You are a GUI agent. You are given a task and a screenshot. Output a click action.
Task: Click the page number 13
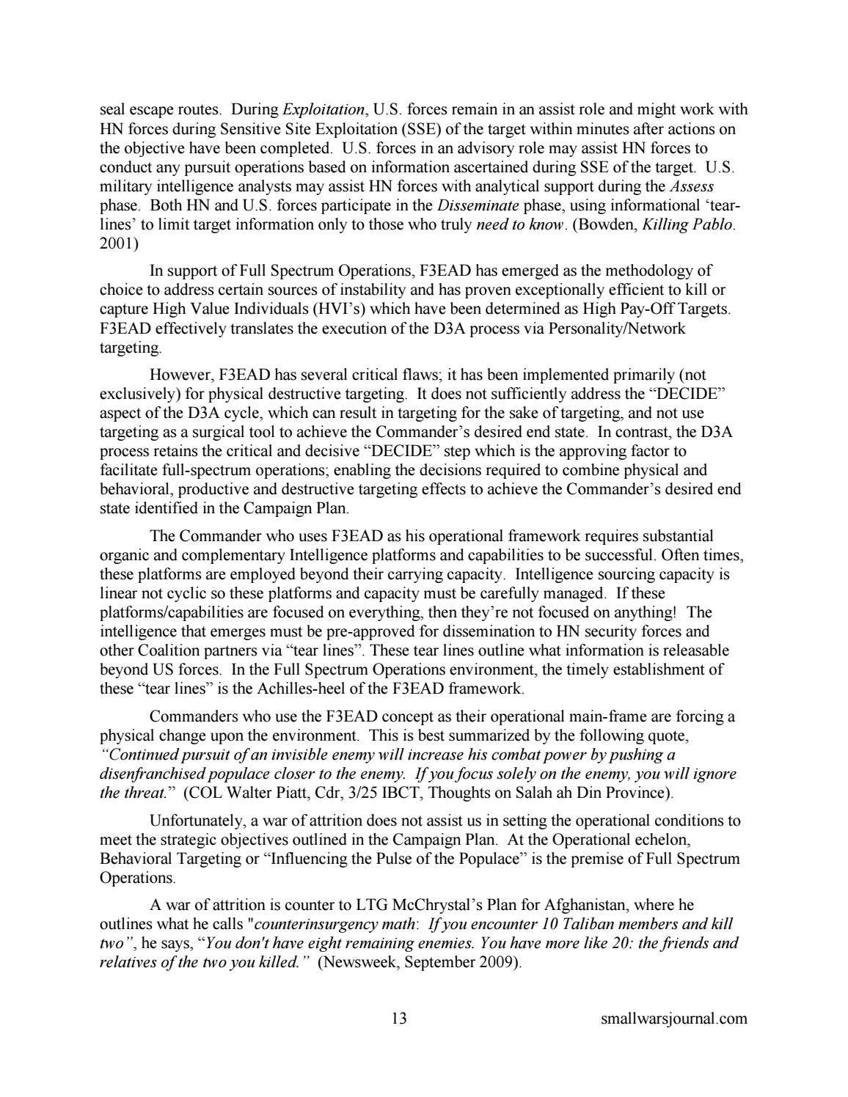(399, 1018)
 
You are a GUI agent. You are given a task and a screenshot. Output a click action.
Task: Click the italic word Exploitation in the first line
(323, 110)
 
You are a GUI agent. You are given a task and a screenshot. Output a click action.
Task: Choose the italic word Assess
(691, 187)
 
